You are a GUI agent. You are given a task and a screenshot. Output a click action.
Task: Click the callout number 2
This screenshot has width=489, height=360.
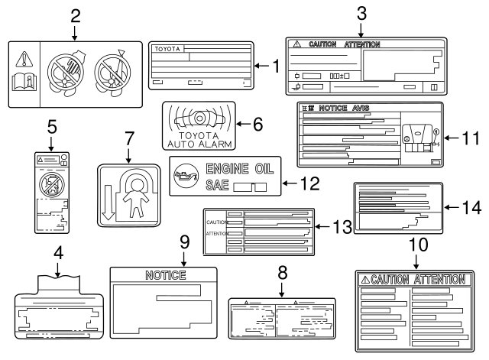tap(75, 15)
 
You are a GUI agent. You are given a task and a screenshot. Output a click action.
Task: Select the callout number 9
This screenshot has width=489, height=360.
tap(183, 241)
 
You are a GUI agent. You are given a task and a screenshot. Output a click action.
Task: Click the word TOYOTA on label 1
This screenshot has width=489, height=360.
tap(168, 48)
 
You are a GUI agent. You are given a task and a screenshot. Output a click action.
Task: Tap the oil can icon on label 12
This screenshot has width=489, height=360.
tap(186, 177)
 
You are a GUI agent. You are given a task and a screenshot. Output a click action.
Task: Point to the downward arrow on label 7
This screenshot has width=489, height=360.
tap(108, 206)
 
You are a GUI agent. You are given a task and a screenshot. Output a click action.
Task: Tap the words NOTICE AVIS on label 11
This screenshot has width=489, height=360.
tap(342, 109)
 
